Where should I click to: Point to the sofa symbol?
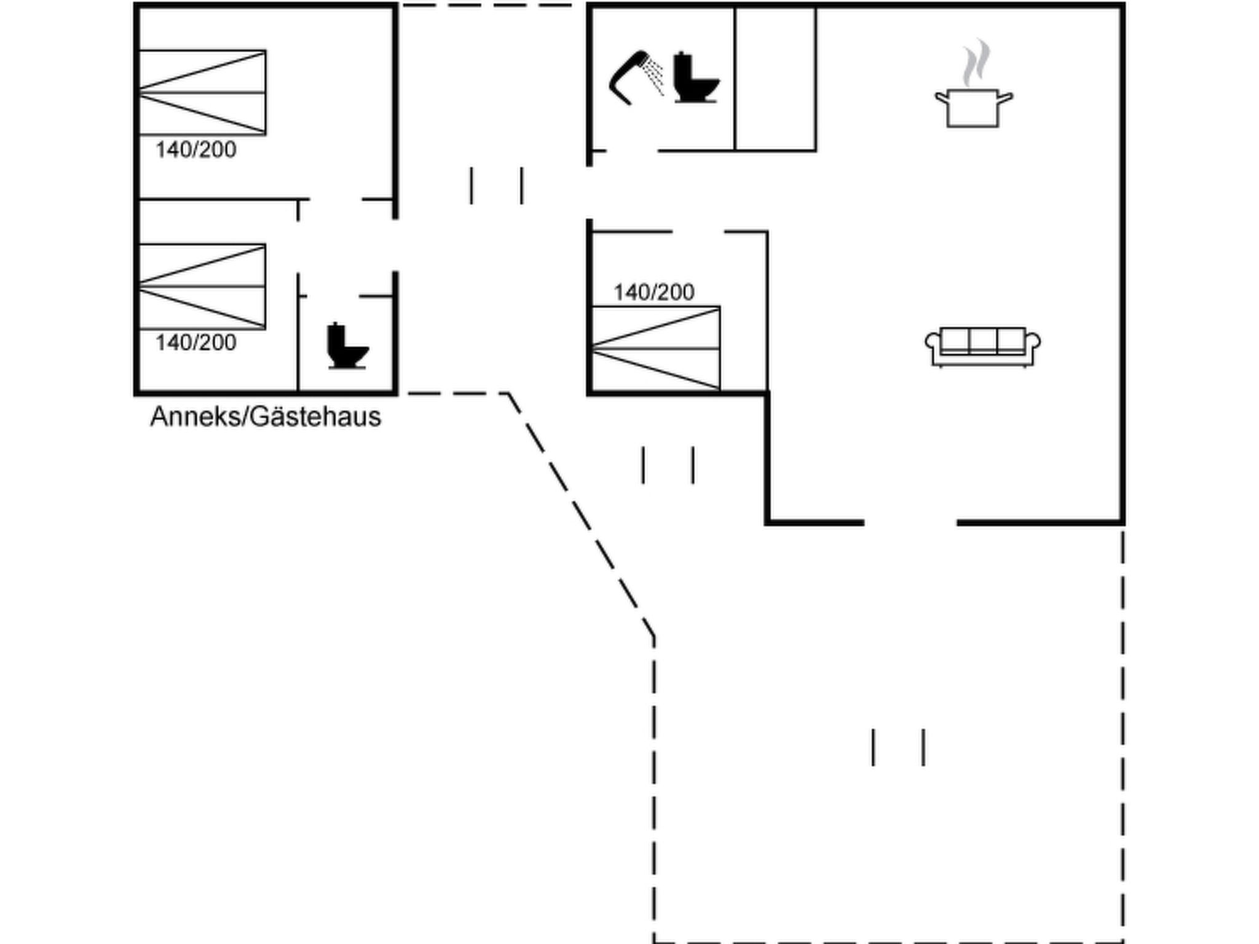pos(982,347)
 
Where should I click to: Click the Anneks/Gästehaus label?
pos(266,417)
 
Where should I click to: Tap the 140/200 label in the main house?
pos(653,293)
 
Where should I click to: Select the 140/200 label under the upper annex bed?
pos(195,150)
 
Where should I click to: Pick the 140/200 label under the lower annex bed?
pos(195,343)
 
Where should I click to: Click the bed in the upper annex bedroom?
pos(202,92)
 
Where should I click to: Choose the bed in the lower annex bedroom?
pos(202,286)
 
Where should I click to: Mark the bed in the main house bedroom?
pos(655,348)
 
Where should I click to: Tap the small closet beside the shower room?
pos(775,79)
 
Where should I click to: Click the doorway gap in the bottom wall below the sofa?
pos(910,522)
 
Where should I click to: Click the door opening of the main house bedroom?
pos(698,232)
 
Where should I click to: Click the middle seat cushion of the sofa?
pos(982,340)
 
